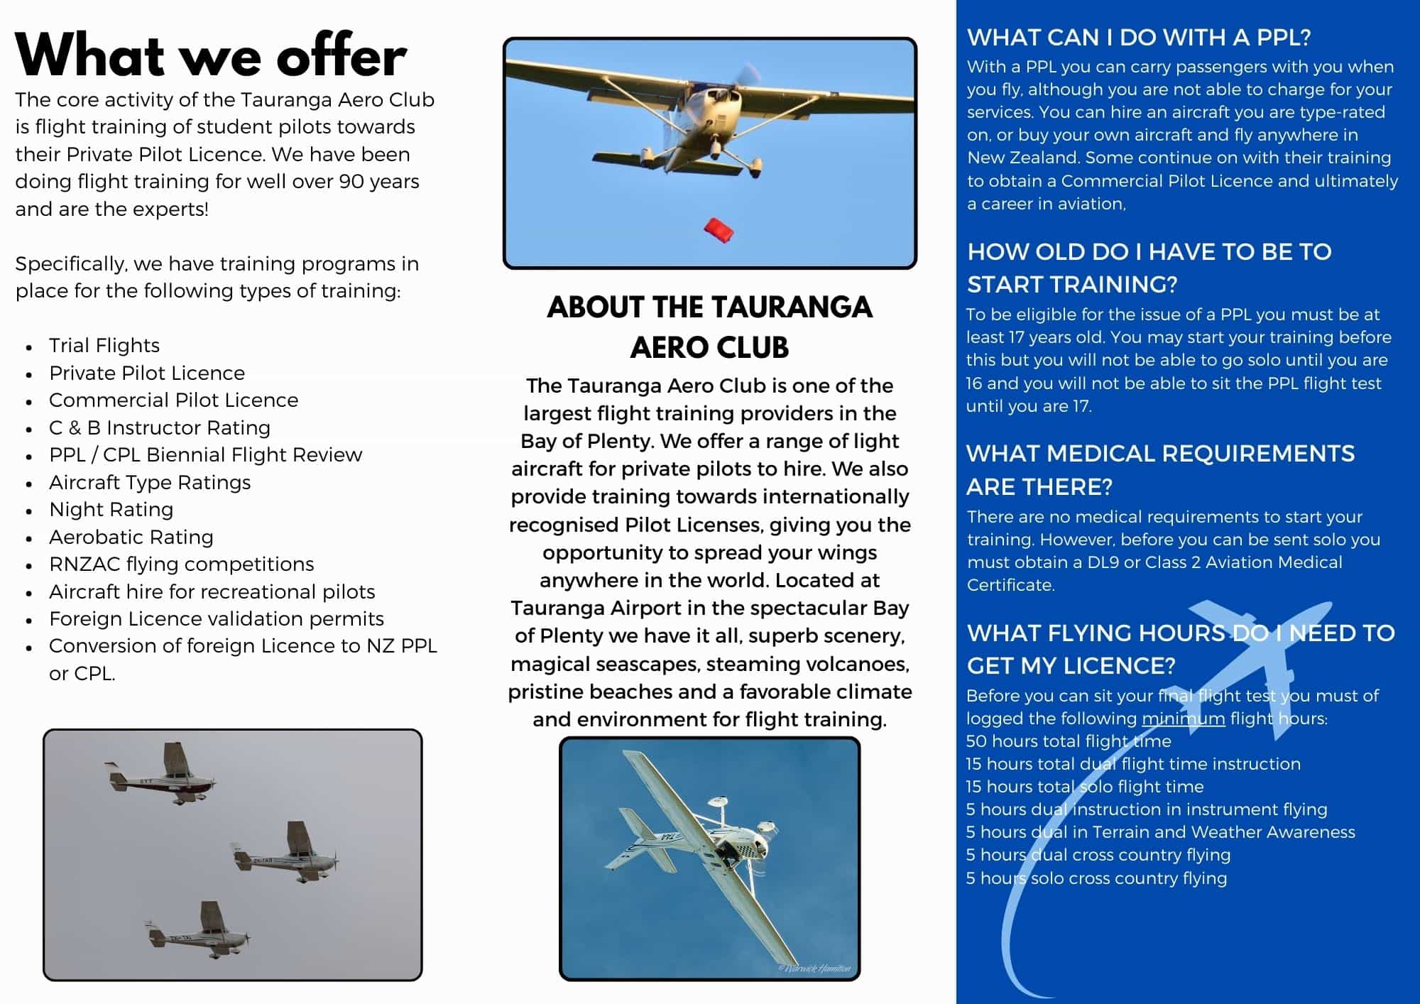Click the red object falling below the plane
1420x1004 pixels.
(719, 230)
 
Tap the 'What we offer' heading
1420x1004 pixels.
(211, 56)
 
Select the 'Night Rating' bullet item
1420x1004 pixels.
(111, 509)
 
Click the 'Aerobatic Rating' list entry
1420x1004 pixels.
(131, 537)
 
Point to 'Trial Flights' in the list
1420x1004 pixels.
(104, 345)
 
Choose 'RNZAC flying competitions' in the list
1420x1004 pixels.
(182, 564)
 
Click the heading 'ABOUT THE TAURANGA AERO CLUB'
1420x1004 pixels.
(709, 327)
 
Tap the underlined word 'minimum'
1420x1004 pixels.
(1183, 718)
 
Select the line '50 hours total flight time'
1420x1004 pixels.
(1068, 741)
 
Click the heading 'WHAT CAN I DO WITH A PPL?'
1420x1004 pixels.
(1138, 37)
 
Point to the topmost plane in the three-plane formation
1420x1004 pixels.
(162, 776)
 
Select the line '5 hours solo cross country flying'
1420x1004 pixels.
(1096, 878)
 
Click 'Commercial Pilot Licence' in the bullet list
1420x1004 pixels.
(173, 400)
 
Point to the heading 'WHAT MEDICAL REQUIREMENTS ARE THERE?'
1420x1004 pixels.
(1160, 469)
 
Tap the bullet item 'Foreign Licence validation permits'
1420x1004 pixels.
(217, 618)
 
